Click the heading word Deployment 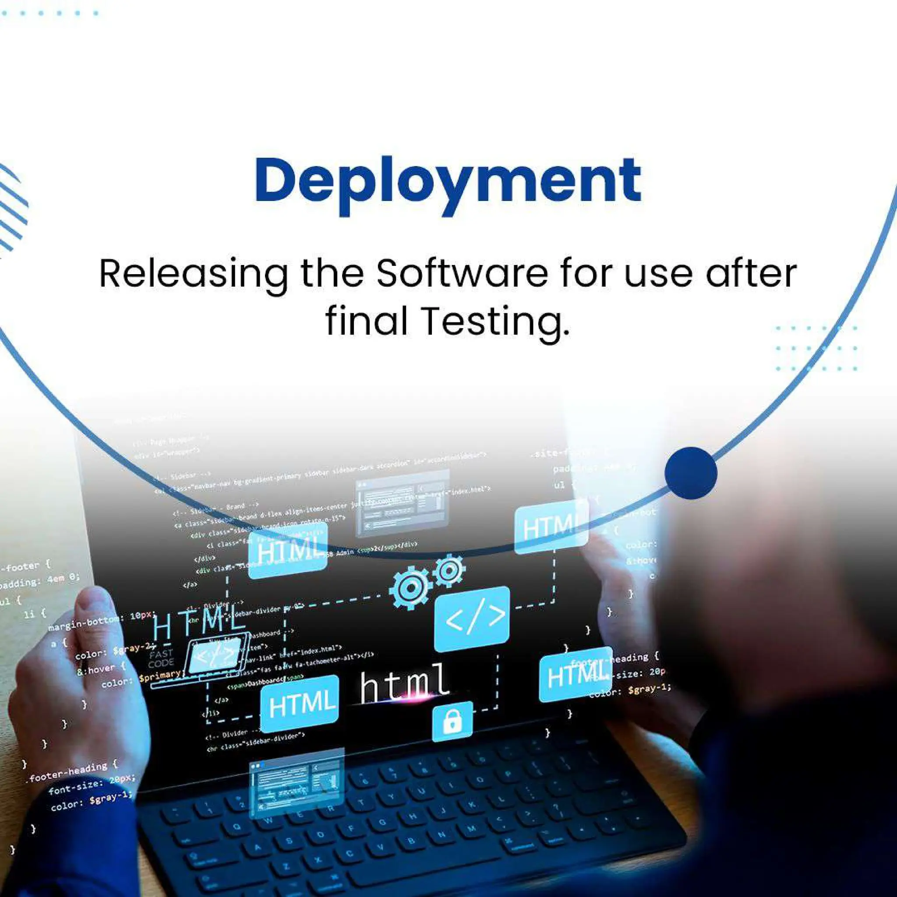pos(448,182)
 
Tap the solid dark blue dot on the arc pos(690,473)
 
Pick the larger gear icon pos(410,589)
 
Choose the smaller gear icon pos(448,571)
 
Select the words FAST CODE pos(161,658)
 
